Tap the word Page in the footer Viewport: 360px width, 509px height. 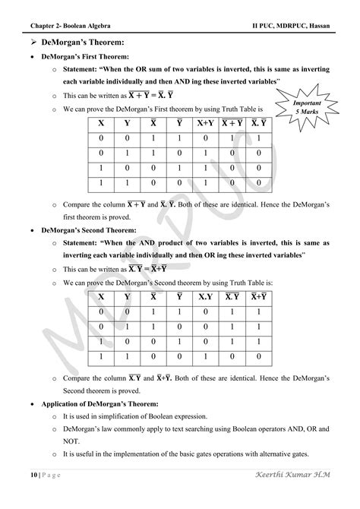coord(48,495)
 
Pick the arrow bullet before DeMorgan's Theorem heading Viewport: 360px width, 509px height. coord(31,43)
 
